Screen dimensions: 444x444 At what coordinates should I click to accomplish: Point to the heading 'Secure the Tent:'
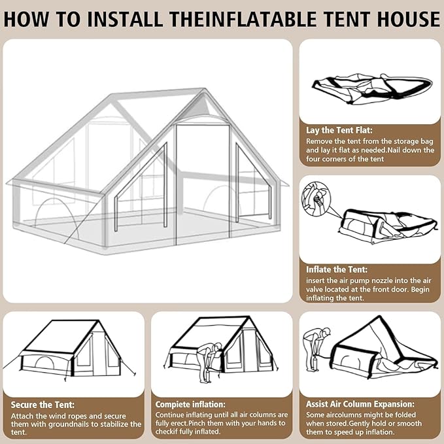click(x=43, y=404)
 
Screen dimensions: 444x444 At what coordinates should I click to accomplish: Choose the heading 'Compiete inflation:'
click(x=190, y=404)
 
